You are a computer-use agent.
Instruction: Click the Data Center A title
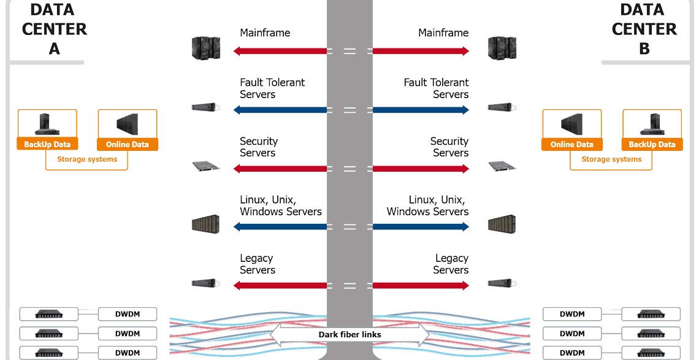point(54,29)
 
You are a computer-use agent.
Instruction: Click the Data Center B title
point(644,29)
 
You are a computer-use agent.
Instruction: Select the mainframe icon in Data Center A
point(205,48)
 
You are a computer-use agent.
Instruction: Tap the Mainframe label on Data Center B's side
point(443,33)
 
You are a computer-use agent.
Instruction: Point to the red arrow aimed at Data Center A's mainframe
point(280,52)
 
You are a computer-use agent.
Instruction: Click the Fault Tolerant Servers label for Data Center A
point(272,88)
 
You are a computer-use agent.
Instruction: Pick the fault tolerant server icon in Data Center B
point(502,107)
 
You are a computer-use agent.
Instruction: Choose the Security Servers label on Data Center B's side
point(449,147)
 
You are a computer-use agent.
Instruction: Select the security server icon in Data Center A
point(205,166)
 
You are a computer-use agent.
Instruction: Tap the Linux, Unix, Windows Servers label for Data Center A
point(280,206)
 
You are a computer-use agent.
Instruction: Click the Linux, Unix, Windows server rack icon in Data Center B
point(502,224)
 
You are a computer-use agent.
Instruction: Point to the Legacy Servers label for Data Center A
point(257,264)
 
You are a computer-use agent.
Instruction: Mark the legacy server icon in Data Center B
point(502,283)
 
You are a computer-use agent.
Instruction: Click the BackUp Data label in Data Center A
point(47,145)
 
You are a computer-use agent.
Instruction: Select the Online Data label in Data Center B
point(571,145)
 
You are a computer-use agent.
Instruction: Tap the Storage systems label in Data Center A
point(86,159)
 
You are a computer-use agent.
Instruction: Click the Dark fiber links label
point(349,335)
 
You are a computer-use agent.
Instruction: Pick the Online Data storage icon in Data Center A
point(128,124)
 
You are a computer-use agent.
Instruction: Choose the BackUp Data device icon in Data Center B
point(652,124)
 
